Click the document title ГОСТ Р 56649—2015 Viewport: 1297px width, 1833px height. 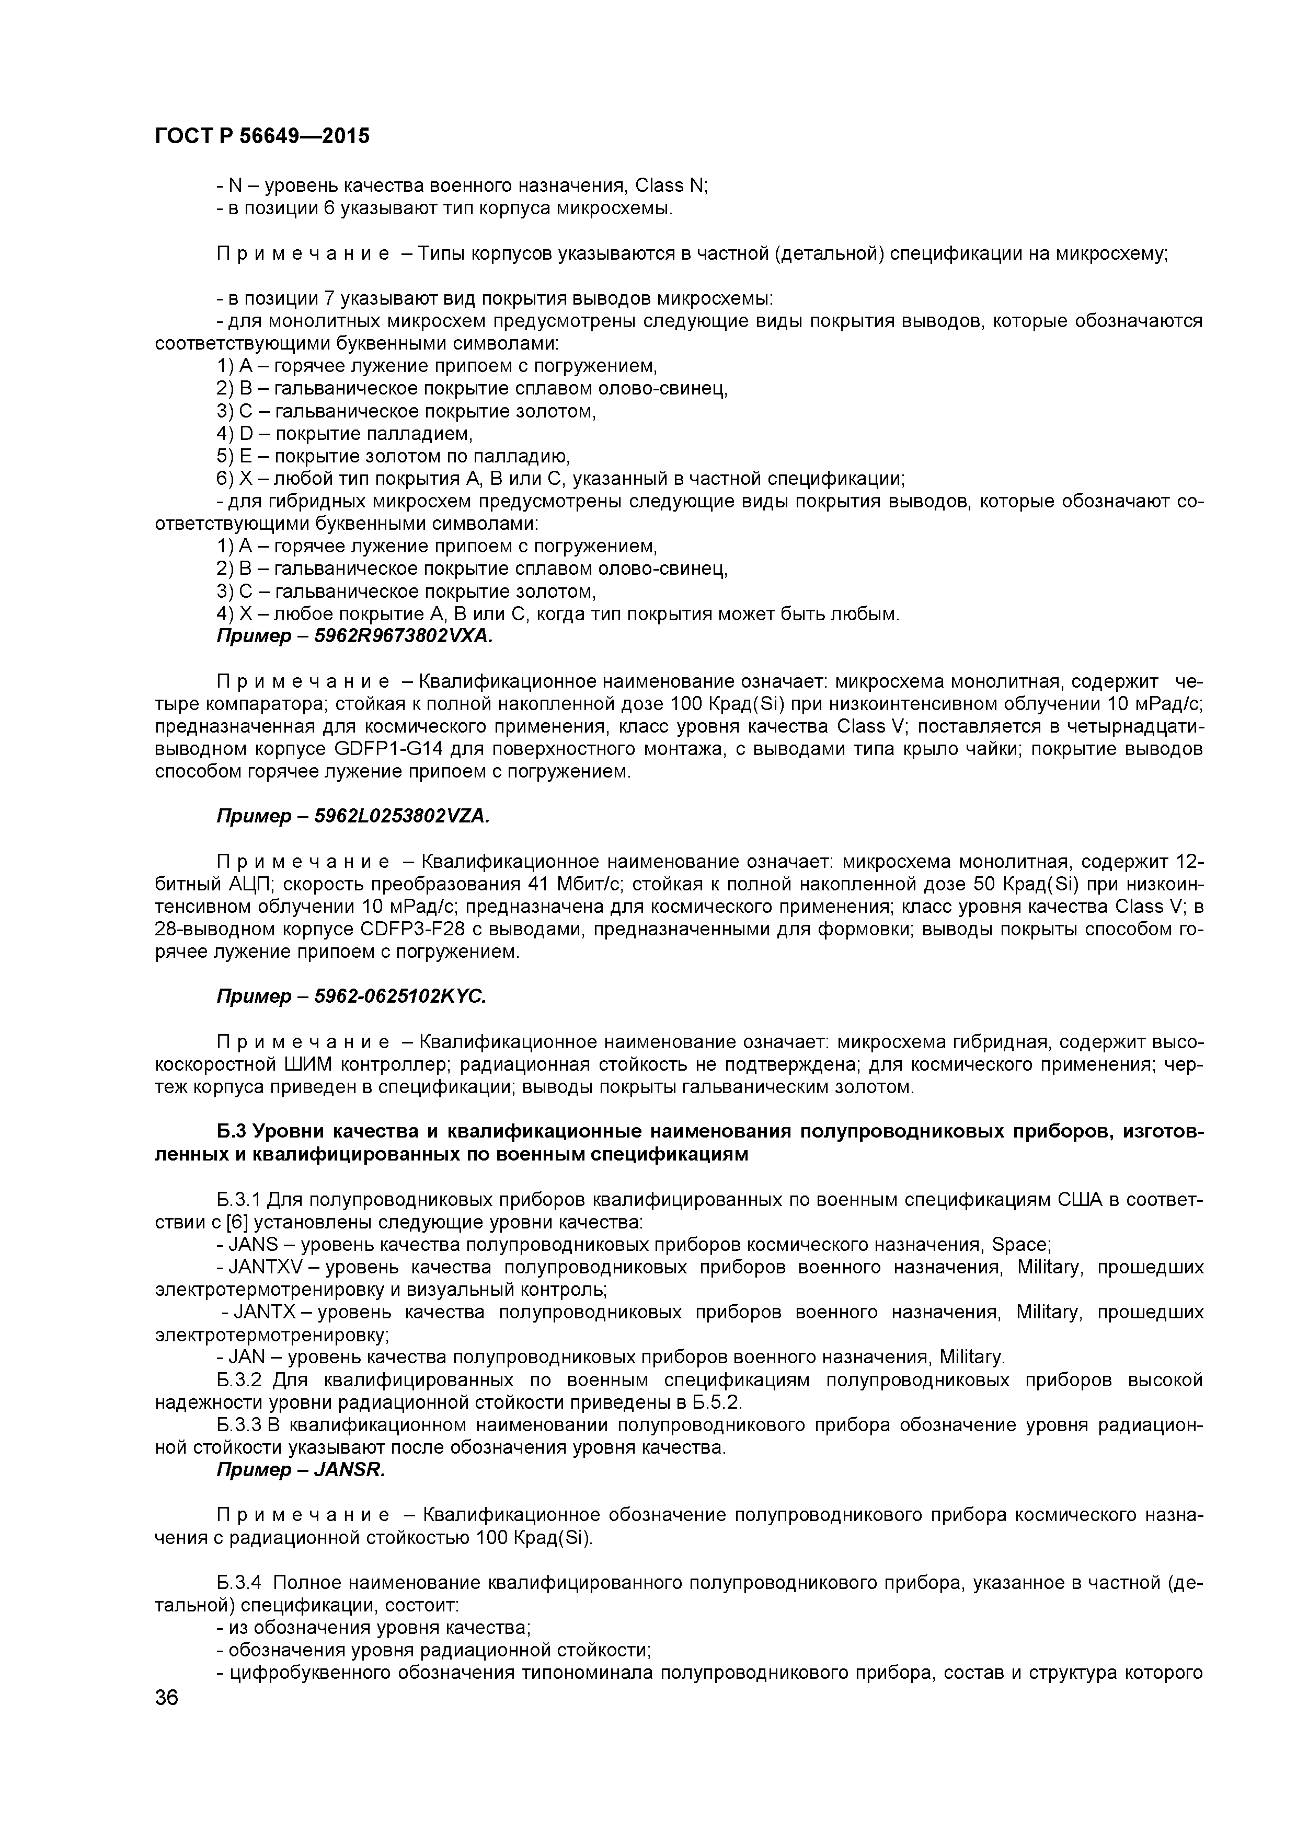[262, 136]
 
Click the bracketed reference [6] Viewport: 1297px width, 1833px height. [239, 1222]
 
